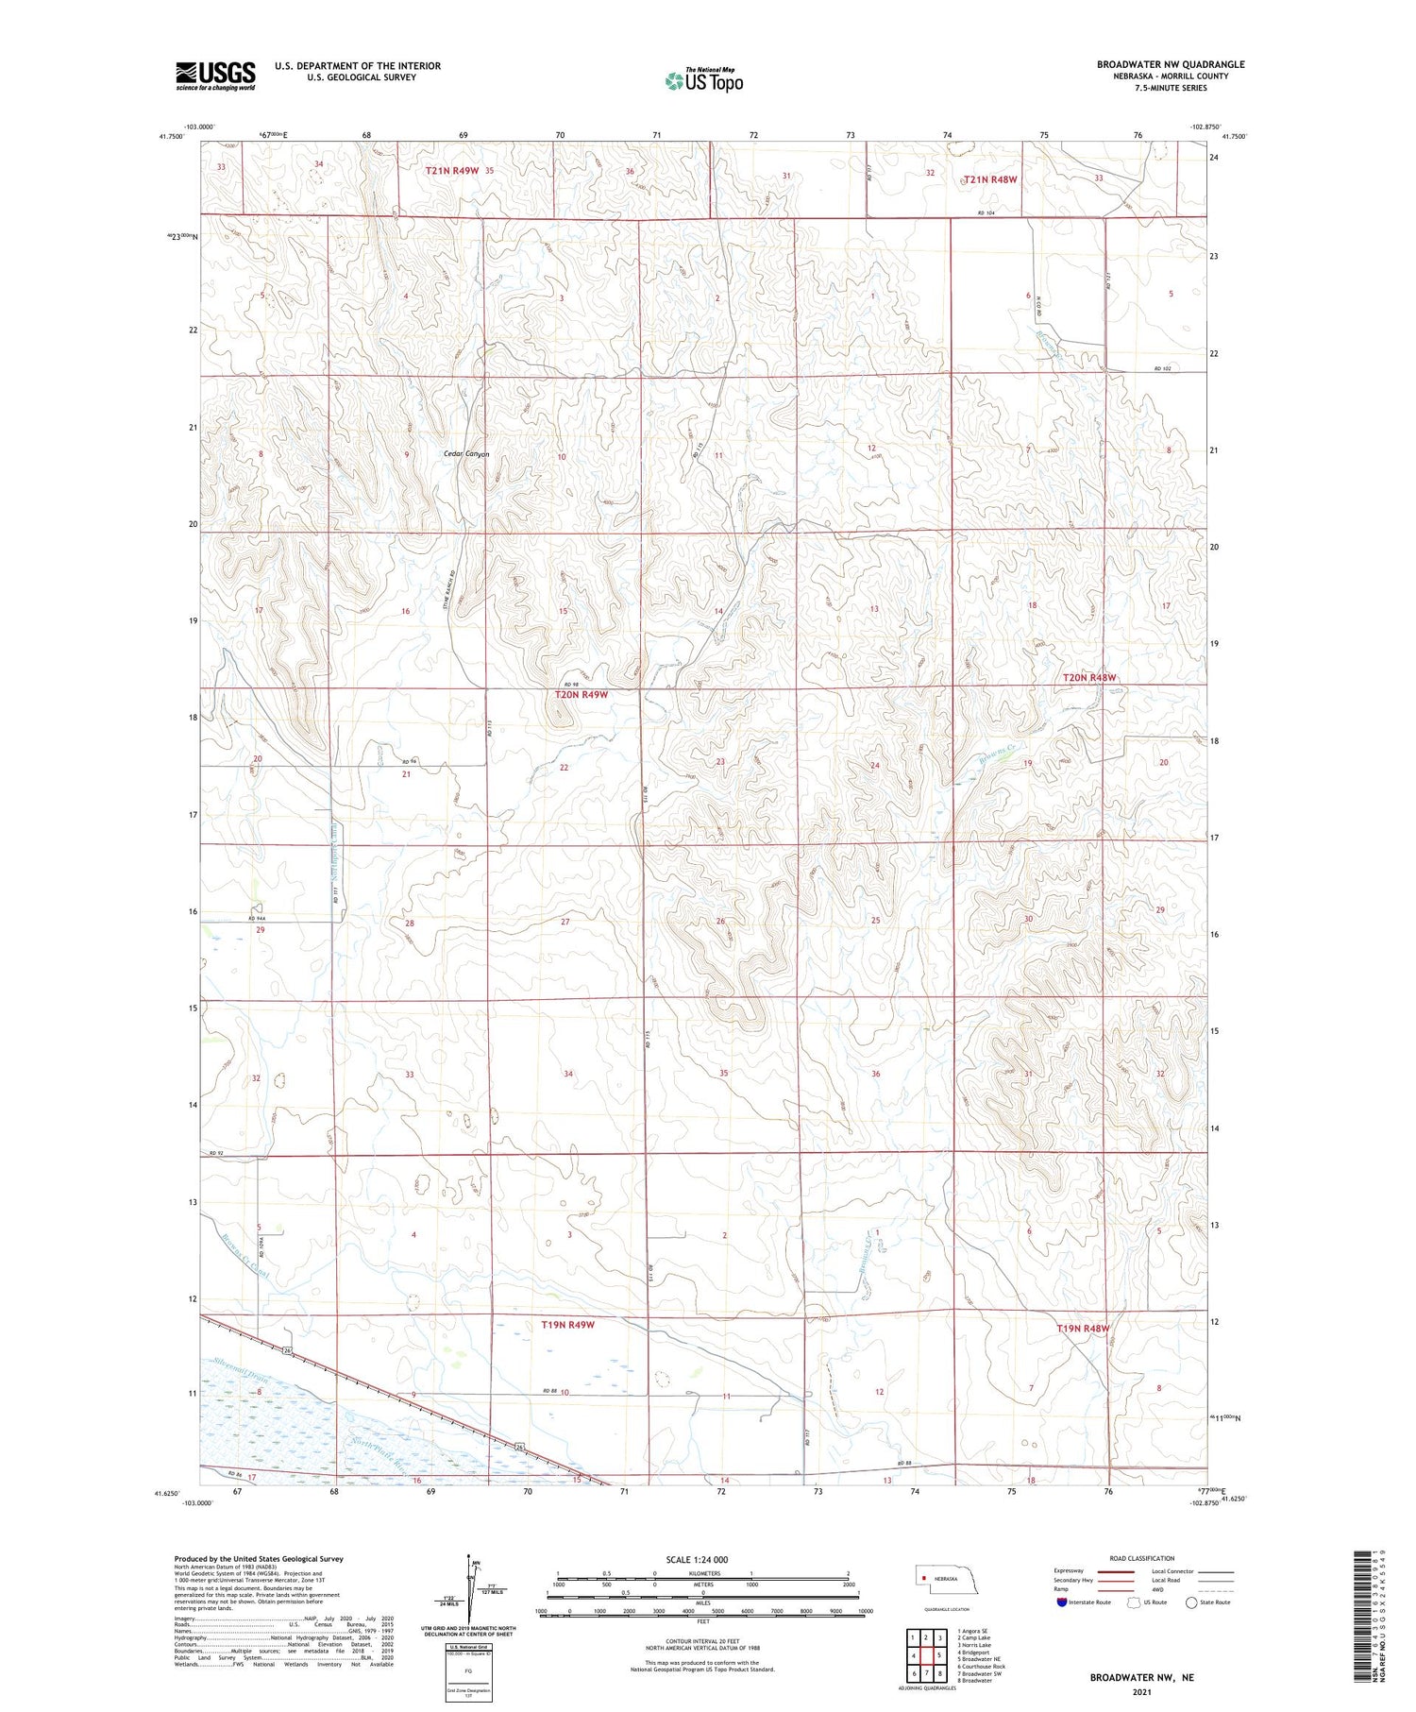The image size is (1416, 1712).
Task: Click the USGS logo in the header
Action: tap(215, 76)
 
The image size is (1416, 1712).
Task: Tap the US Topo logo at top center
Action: tap(704, 81)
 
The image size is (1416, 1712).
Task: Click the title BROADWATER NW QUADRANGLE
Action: tap(1170, 64)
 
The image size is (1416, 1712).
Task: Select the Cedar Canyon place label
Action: tap(467, 454)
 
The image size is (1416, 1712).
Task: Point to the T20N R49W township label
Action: tap(582, 694)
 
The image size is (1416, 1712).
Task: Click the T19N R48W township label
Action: tap(1083, 1328)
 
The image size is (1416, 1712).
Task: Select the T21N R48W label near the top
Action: tap(989, 179)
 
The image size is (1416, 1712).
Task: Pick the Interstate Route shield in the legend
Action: tap(1062, 1602)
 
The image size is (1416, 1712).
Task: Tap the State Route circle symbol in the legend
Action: tap(1191, 1602)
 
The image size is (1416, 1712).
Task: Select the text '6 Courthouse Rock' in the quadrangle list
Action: tap(981, 1666)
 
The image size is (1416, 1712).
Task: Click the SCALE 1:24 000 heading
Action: tap(702, 1560)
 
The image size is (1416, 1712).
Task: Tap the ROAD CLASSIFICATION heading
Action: tap(1141, 1558)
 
